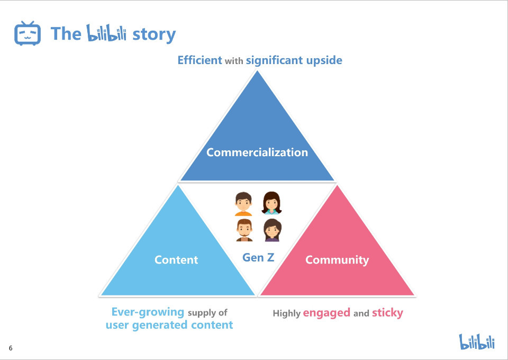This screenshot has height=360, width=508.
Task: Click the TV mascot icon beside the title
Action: (x=28, y=33)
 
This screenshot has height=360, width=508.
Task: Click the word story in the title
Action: (x=153, y=34)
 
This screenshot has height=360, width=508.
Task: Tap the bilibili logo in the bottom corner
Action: (x=477, y=341)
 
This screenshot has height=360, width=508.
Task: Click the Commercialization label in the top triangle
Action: (x=257, y=152)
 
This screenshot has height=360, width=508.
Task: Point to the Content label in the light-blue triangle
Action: (x=176, y=260)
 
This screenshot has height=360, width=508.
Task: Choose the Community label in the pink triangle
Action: (x=337, y=260)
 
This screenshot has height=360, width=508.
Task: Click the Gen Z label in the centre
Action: (x=258, y=258)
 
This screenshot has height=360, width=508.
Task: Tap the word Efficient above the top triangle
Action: (x=199, y=60)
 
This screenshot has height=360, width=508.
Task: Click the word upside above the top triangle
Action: (x=324, y=60)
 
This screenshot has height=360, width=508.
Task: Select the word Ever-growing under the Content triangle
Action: (x=148, y=312)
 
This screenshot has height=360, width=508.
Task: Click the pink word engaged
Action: (x=326, y=313)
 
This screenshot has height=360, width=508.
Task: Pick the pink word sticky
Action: (x=387, y=313)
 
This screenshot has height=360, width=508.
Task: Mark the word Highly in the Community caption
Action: (x=286, y=313)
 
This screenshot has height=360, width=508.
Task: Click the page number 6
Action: (x=11, y=348)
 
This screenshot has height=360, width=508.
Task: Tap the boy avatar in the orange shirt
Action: (x=243, y=204)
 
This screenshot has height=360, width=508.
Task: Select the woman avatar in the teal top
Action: (x=271, y=203)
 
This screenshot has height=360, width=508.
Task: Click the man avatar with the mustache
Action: (x=243, y=230)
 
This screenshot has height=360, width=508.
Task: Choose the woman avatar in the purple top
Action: (x=271, y=230)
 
